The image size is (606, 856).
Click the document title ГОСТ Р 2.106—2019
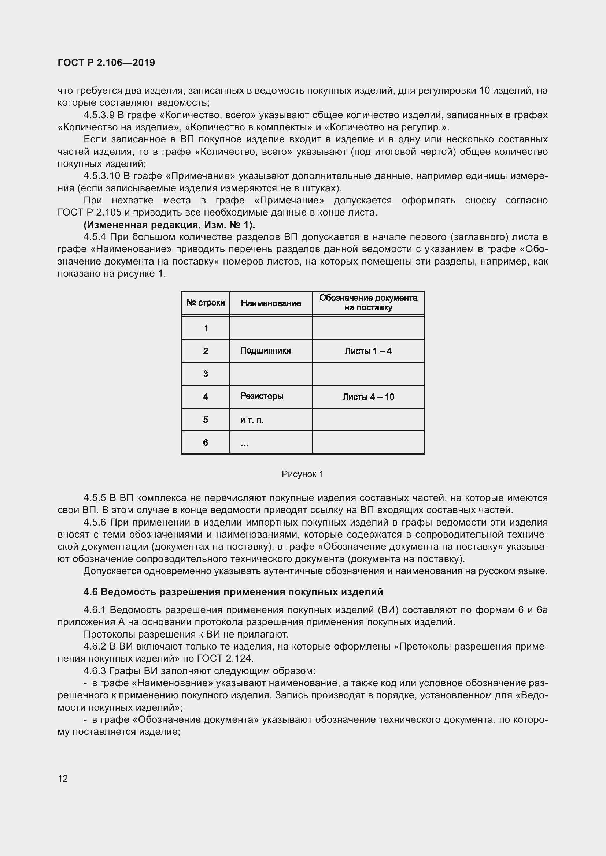pos(106,63)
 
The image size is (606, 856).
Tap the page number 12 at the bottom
pos(63,778)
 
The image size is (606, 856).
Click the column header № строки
pos(206,303)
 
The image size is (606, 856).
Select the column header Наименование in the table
pos(270,303)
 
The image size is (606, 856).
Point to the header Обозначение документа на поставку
pos(368,303)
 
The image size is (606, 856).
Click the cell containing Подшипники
pos(265,351)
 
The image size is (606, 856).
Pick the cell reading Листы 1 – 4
pos(368,351)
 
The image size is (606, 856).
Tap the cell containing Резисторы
pos(262,396)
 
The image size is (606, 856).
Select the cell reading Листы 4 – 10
pos(368,397)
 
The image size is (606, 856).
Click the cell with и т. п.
pos(252,420)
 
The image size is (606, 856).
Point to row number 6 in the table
pos(206,442)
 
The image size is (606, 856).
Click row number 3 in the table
pos(206,374)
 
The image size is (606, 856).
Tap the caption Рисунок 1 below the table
pos(302,474)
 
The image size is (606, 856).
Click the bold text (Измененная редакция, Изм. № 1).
pos(169,225)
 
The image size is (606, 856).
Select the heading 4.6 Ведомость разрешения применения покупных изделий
pos(233,592)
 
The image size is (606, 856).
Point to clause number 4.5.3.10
pos(101,176)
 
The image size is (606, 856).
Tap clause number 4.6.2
pos(95,646)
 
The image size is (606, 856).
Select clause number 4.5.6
pos(95,522)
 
